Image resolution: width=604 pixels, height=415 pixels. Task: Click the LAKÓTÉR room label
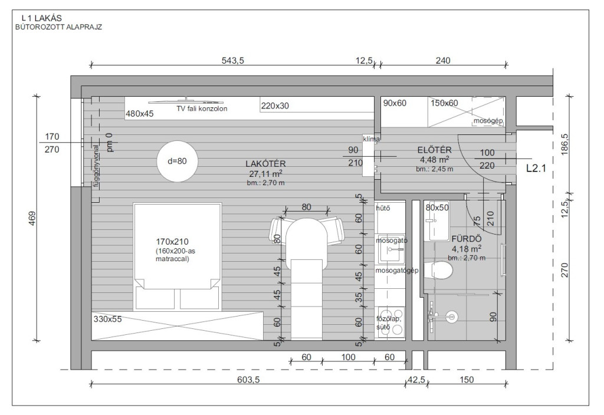(265, 164)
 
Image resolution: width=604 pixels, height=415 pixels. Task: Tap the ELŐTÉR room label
(434, 150)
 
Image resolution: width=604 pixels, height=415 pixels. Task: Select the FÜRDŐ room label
(467, 239)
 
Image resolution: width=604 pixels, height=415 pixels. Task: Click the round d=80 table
(177, 161)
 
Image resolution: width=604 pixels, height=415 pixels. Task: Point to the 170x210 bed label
(172, 242)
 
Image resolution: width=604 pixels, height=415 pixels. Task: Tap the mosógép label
(488, 121)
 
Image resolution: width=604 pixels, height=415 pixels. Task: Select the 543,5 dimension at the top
(232, 61)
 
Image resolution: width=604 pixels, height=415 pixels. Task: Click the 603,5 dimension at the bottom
(248, 380)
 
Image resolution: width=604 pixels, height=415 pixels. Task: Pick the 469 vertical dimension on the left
(32, 218)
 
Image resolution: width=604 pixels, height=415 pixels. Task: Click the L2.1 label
(536, 168)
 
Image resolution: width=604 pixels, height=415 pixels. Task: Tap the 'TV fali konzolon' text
(202, 108)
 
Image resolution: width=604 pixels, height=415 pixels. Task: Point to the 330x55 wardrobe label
(107, 319)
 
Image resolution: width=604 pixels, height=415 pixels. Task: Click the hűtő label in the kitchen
(383, 208)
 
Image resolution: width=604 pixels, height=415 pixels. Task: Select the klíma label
(372, 139)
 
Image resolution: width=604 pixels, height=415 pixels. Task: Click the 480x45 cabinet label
(139, 114)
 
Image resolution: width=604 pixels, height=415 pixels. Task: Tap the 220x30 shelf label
(275, 106)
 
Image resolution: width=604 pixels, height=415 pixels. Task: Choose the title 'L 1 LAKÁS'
(42, 18)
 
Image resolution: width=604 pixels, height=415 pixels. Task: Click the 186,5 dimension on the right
(564, 144)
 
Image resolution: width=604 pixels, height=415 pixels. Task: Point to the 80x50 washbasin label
(437, 207)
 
